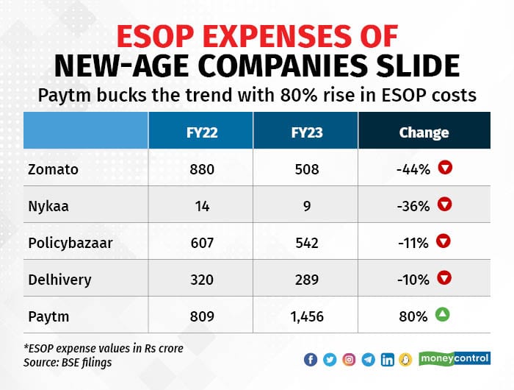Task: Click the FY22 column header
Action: click(x=201, y=132)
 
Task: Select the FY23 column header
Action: click(x=305, y=132)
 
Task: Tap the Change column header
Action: click(x=424, y=132)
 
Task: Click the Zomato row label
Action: click(x=54, y=170)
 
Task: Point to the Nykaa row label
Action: click(x=50, y=206)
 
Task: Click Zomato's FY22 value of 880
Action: click(x=201, y=170)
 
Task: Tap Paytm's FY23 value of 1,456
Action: click(x=305, y=316)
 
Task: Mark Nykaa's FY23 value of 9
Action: click(x=305, y=206)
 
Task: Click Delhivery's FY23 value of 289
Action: click(x=305, y=279)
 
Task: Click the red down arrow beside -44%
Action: click(x=444, y=169)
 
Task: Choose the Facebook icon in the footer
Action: click(x=310, y=360)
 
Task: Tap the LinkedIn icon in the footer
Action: click(x=387, y=360)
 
